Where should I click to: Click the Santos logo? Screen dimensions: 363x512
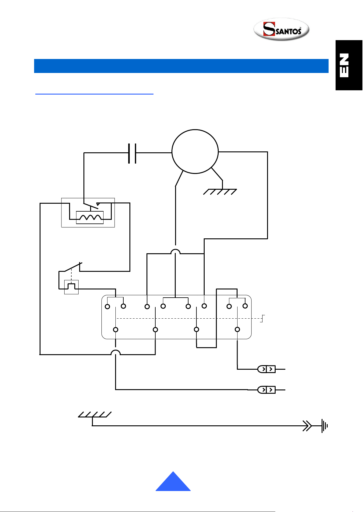[281, 29]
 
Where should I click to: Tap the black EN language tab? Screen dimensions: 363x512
[349, 65]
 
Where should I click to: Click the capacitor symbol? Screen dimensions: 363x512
[132, 153]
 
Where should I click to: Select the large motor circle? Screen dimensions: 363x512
[195, 151]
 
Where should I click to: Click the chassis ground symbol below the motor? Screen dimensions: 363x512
[220, 192]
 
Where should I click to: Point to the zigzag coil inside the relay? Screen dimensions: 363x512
[90, 217]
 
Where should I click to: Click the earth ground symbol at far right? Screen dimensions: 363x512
[325, 426]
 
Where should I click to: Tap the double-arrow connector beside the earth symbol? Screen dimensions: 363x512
[307, 426]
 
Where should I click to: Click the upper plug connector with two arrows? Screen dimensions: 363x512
[266, 369]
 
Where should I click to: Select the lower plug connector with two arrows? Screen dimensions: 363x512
[266, 389]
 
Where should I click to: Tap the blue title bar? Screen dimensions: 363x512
[181, 66]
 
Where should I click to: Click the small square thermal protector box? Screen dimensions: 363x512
[71, 287]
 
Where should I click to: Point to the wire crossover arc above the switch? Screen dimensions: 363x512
[175, 251]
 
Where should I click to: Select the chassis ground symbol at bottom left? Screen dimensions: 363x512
[95, 415]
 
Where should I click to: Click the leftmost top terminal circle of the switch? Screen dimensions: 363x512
[107, 307]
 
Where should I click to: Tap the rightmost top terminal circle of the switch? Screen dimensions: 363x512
[245, 306]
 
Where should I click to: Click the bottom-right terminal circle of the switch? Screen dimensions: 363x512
[237, 329]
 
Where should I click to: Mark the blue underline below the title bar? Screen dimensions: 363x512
[94, 94]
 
